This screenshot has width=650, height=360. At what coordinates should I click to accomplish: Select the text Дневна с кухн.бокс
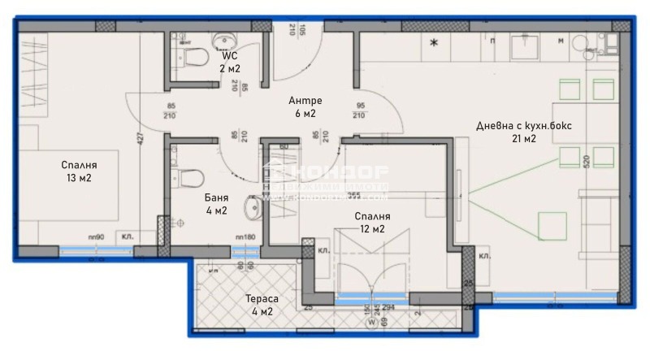point(508,126)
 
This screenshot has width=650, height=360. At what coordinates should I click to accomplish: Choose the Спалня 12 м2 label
point(372,223)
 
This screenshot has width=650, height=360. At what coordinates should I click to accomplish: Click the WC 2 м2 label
point(229,63)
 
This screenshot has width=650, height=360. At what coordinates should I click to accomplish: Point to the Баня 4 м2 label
point(215,204)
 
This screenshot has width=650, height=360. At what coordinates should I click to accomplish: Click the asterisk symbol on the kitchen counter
point(433,43)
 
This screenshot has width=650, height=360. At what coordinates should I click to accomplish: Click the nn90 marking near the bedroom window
point(96,236)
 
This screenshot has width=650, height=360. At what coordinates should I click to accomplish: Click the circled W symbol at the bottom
point(370,321)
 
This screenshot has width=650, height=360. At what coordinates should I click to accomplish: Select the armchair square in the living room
point(552,225)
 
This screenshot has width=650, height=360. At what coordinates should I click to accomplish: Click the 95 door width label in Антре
point(359,106)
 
